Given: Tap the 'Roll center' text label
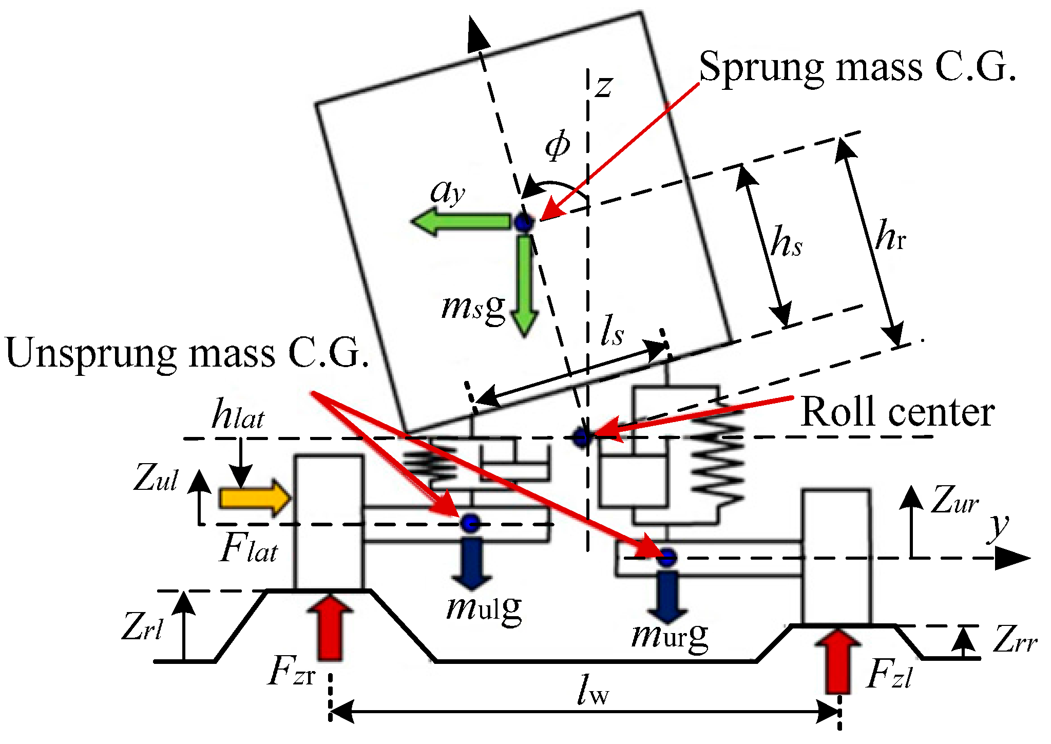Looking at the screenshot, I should (x=897, y=412).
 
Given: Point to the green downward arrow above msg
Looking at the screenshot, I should (x=524, y=288).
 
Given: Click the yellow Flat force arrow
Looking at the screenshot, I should (x=255, y=498).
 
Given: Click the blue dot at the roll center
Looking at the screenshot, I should (x=582, y=437).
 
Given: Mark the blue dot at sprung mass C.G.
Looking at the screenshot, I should (x=524, y=223).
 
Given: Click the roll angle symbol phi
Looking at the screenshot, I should (x=557, y=145).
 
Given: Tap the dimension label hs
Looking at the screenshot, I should (x=786, y=241).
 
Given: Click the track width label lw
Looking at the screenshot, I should (x=593, y=690).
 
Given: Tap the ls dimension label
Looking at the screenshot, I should (x=612, y=330).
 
